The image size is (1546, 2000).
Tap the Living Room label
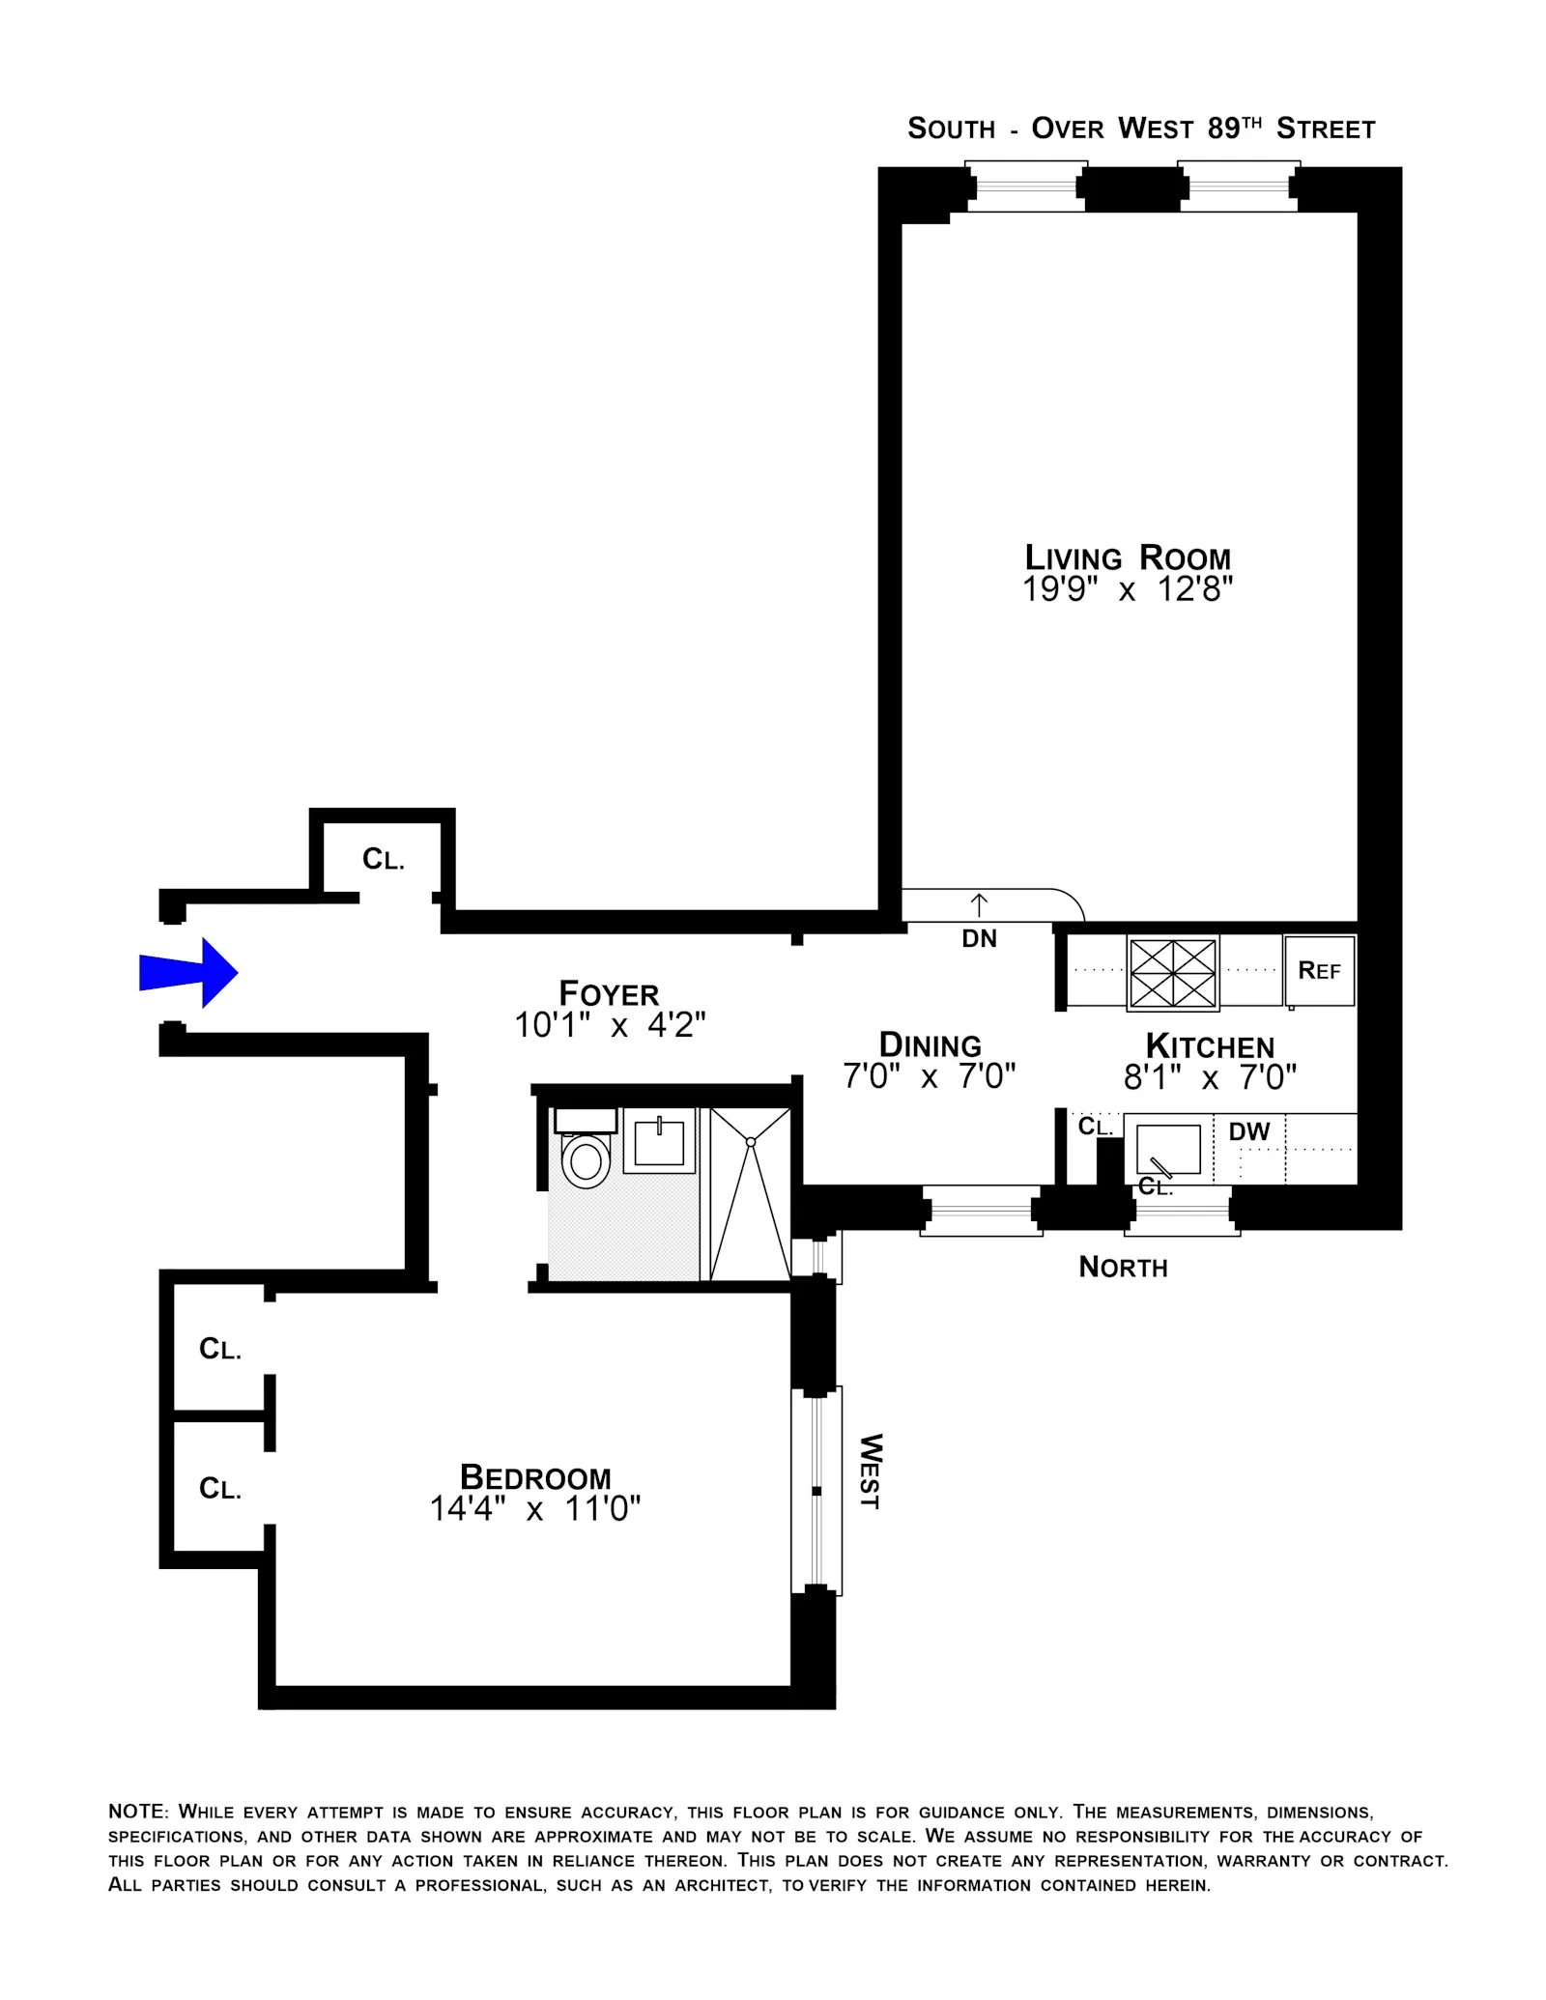[x=1128, y=558]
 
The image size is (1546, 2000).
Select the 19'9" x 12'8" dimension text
[x=1128, y=589]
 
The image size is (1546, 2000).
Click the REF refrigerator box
[x=1319, y=970]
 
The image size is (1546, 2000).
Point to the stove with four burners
[x=1173, y=973]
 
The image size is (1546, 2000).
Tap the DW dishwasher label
[x=1249, y=1131]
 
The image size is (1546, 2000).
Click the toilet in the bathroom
[x=586, y=1158]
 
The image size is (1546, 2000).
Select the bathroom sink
[x=659, y=1142]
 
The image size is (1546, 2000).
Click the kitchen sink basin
[x=1167, y=1150]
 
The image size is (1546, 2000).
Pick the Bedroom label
[x=535, y=1477]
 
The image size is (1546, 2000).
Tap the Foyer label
[x=609, y=994]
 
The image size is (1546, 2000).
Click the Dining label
[x=930, y=1045]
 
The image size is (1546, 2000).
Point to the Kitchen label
[x=1210, y=1046]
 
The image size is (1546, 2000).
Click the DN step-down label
[x=979, y=938]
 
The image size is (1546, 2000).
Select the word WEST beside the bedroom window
[x=871, y=1471]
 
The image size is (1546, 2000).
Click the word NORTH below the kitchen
[x=1123, y=1268]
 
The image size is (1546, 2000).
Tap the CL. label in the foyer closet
[x=383, y=859]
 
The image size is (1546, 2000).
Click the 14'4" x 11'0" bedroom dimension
[x=535, y=1509]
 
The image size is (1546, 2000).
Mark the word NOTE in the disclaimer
[x=138, y=1812]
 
